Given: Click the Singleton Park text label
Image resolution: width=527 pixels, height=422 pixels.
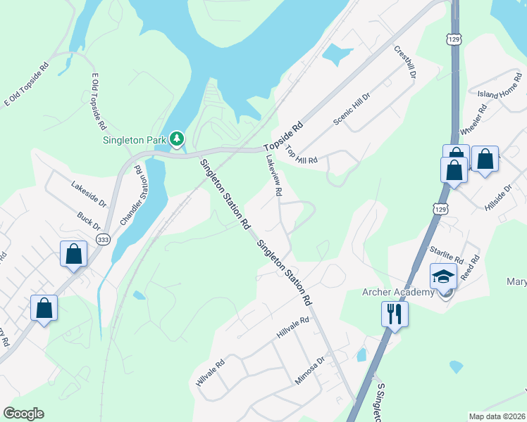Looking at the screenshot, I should (x=135, y=140).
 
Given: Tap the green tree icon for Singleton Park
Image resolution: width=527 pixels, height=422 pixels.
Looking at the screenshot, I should (x=177, y=139).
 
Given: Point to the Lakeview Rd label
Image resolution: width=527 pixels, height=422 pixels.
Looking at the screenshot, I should (x=275, y=175).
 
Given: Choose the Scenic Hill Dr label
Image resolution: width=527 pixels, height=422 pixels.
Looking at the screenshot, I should (x=352, y=109).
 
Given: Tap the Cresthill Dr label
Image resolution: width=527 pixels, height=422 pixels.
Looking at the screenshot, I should (x=406, y=62).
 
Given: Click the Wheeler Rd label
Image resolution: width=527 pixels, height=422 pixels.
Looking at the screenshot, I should (x=473, y=121).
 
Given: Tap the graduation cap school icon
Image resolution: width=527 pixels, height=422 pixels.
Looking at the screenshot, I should (x=444, y=277).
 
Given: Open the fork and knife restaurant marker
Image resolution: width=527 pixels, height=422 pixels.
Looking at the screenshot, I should (x=395, y=313).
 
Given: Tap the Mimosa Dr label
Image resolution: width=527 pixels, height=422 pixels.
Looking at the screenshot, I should (x=310, y=371).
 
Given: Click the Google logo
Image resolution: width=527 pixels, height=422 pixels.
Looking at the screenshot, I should (x=23, y=414).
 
